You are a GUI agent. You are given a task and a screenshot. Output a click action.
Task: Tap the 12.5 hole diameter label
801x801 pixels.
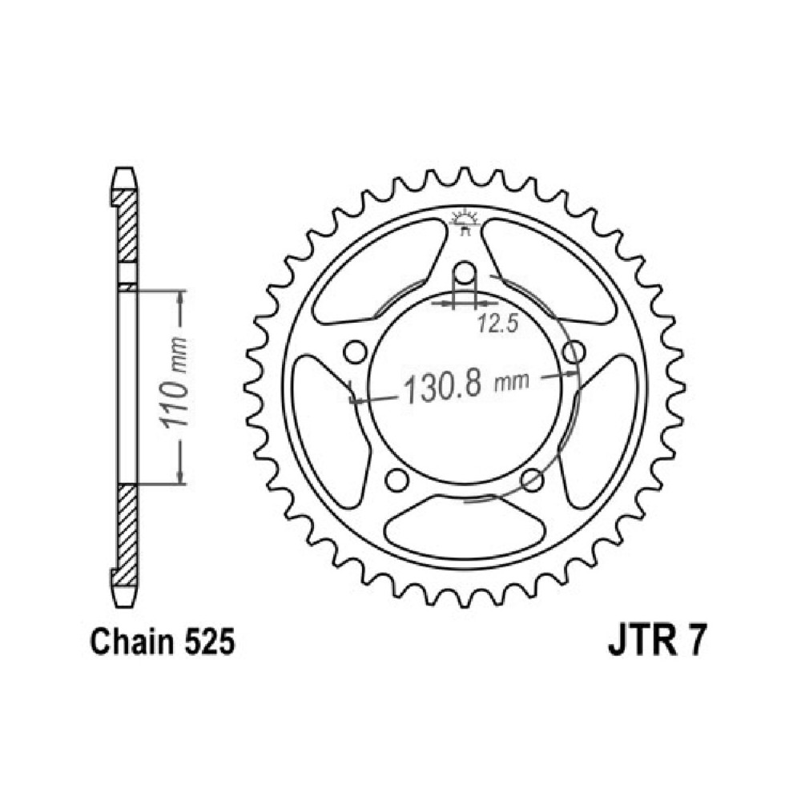click(498, 324)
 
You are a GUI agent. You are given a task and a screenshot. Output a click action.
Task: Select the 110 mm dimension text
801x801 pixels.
click(173, 383)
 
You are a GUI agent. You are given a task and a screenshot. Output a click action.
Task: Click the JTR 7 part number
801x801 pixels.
click(658, 642)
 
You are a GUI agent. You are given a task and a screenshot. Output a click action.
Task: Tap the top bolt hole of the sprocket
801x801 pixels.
click(465, 272)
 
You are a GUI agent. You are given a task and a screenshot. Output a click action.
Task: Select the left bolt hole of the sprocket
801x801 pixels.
click(355, 352)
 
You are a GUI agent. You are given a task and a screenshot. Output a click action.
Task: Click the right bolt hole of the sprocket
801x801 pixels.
click(574, 352)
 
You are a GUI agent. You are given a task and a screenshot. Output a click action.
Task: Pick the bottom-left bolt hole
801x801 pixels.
click(397, 480)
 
